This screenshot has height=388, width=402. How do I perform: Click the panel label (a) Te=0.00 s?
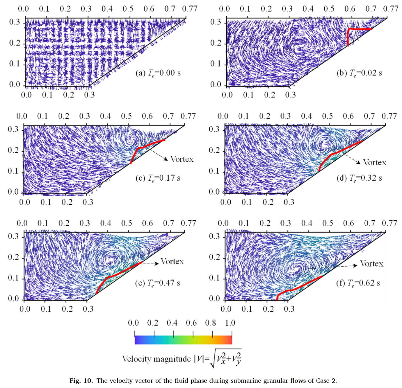click(158, 73)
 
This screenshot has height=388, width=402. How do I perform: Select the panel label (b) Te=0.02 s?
click(359, 73)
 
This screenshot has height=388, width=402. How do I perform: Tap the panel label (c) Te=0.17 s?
click(158, 178)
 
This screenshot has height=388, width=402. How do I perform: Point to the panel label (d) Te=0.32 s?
click(359, 178)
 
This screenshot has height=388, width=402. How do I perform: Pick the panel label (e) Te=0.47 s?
click(158, 283)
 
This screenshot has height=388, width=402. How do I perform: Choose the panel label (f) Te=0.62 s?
click(358, 283)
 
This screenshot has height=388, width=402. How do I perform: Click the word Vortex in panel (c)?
click(182, 159)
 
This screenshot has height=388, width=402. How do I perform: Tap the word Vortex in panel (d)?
click(375, 162)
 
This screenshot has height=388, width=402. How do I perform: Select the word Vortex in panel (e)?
click(172, 261)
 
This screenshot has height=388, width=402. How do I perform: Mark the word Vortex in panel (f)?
click(372, 264)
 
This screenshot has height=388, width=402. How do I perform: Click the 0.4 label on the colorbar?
click(172, 323)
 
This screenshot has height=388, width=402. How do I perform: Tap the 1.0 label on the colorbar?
click(230, 323)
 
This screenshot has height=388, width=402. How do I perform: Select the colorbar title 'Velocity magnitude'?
click(156, 359)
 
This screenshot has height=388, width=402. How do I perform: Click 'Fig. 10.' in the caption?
click(81, 381)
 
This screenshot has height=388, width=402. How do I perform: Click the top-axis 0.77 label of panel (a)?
click(190, 9)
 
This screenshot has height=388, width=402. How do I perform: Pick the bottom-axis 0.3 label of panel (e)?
click(88, 309)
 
